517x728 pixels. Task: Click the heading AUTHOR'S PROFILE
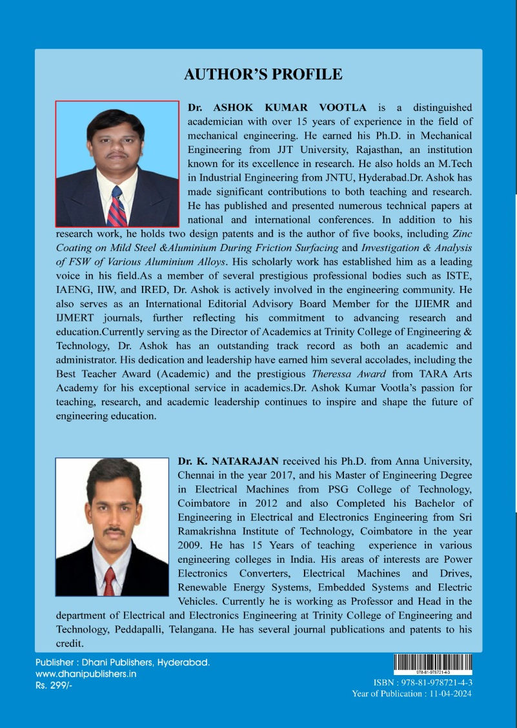[263, 74]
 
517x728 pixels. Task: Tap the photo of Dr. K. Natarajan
[112, 527]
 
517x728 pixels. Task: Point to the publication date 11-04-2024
[450, 694]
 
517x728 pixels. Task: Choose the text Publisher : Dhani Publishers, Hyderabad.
[123, 663]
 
